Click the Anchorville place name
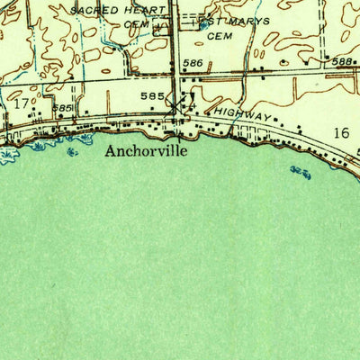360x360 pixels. [146, 151]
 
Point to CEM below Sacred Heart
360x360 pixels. [135, 25]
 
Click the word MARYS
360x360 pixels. [248, 21]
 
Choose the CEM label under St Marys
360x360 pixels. [218, 38]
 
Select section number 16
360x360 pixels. [339, 133]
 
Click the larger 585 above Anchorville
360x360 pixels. [151, 94]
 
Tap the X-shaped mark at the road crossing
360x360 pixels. [175, 106]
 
